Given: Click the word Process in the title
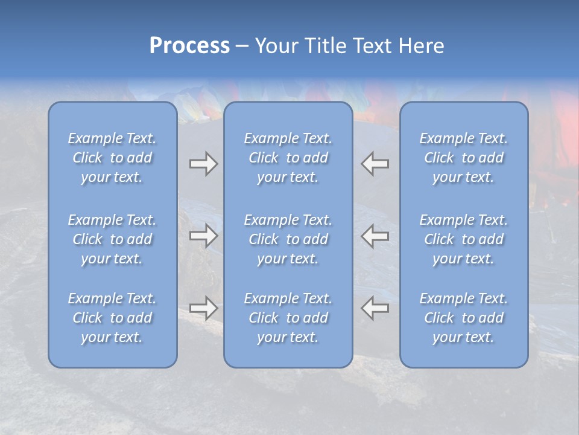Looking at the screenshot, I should click(189, 46).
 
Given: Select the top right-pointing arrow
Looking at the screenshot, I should click(203, 164).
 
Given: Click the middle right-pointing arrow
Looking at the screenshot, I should click(203, 235).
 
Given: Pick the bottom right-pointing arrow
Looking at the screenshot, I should click(203, 308).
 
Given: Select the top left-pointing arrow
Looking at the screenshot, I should click(375, 164).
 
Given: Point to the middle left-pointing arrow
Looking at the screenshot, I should click(375, 235).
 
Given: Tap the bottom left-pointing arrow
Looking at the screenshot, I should click(375, 308).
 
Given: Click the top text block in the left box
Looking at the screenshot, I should click(112, 158).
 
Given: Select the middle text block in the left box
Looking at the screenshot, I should click(112, 239).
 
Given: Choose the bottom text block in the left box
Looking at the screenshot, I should click(112, 318).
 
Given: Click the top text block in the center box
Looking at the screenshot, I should click(288, 158).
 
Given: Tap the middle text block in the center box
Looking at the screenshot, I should click(288, 239).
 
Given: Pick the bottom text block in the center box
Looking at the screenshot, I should click(288, 318).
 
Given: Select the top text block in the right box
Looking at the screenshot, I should click(464, 158).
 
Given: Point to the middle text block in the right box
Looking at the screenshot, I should click(464, 239).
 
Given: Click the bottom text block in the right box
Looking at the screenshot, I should click(464, 318).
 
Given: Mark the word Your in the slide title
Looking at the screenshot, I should click(277, 46).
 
